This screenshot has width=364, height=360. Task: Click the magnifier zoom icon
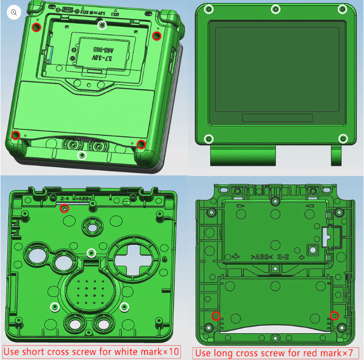tap(14, 13)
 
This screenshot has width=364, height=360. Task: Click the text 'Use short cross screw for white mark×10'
tap(91, 351)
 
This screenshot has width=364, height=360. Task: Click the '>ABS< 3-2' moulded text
tap(271, 257)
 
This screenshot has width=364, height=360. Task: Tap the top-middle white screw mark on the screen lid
tap(275, 9)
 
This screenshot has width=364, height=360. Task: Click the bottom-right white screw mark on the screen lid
tap(343, 139)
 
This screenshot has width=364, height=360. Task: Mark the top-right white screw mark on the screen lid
tap(342, 9)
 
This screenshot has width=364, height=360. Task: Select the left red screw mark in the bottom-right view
tap(216, 315)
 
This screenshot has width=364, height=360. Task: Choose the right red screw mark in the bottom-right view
tap(335, 315)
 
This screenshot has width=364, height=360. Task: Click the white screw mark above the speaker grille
tap(91, 252)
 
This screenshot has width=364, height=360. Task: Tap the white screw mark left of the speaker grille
tap(55, 306)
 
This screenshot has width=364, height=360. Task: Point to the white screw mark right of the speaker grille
tap(125, 306)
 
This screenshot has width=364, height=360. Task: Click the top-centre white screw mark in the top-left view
tap(102, 25)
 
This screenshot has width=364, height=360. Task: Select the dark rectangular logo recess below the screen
tap(277, 118)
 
